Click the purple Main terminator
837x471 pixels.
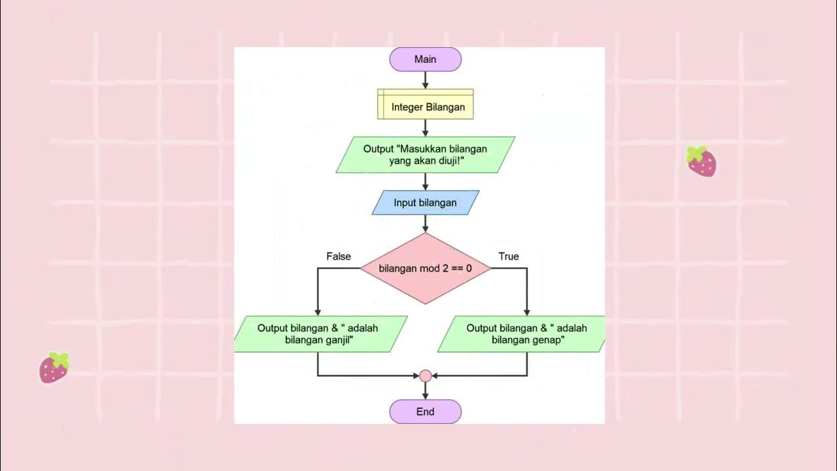coord(425,60)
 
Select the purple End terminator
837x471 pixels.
coord(425,412)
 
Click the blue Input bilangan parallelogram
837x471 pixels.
coord(425,203)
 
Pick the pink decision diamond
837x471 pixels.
coord(425,269)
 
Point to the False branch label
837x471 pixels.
coord(339,256)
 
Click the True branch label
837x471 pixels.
coord(509,256)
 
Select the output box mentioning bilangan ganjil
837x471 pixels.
coord(319,334)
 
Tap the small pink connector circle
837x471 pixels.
coord(425,376)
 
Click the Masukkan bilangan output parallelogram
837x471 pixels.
coord(425,155)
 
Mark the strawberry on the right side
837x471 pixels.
coord(701,162)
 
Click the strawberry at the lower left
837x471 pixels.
coord(54,368)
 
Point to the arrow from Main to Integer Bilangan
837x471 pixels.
coord(425,80)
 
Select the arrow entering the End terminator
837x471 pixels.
coord(425,391)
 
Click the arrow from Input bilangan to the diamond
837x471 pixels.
coord(425,224)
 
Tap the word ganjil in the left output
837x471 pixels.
coord(339,340)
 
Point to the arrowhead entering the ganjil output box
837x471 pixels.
coord(318,312)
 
